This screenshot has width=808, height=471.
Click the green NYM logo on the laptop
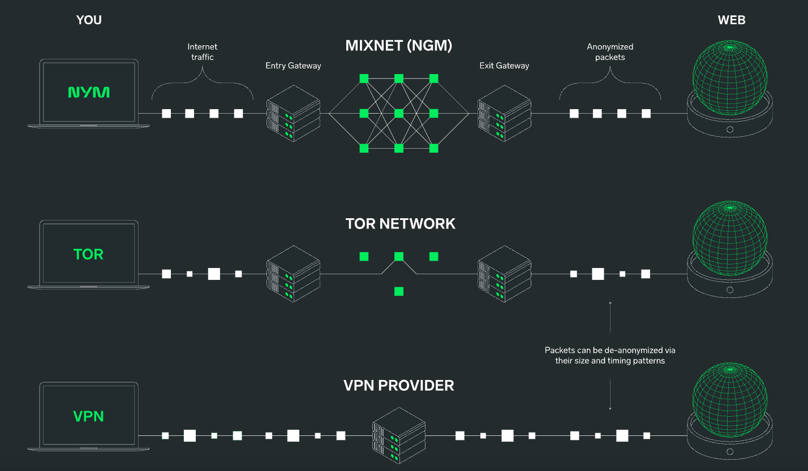(x=89, y=92)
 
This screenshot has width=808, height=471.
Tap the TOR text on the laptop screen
(x=89, y=254)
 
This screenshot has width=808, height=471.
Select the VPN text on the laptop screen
(x=89, y=417)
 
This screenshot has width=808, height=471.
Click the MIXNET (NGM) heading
(x=399, y=46)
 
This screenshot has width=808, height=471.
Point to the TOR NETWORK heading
(x=400, y=223)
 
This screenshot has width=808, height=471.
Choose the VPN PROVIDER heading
(x=399, y=386)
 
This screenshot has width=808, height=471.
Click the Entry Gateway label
(x=293, y=66)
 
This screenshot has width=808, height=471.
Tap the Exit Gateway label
(x=504, y=66)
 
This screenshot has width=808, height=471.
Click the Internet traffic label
(x=202, y=51)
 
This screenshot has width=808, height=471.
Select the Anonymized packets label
(x=610, y=51)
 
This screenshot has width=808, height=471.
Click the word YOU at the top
(x=89, y=20)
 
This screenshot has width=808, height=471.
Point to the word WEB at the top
(x=731, y=20)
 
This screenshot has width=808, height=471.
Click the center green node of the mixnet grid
(x=399, y=113)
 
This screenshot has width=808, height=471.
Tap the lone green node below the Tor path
(x=399, y=292)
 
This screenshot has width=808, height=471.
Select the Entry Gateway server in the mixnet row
(x=293, y=113)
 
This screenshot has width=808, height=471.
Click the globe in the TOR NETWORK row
(x=730, y=237)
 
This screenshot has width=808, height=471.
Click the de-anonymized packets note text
(x=610, y=355)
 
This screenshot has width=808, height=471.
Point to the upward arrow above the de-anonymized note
(x=610, y=317)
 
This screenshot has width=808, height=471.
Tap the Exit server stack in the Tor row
(x=504, y=274)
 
